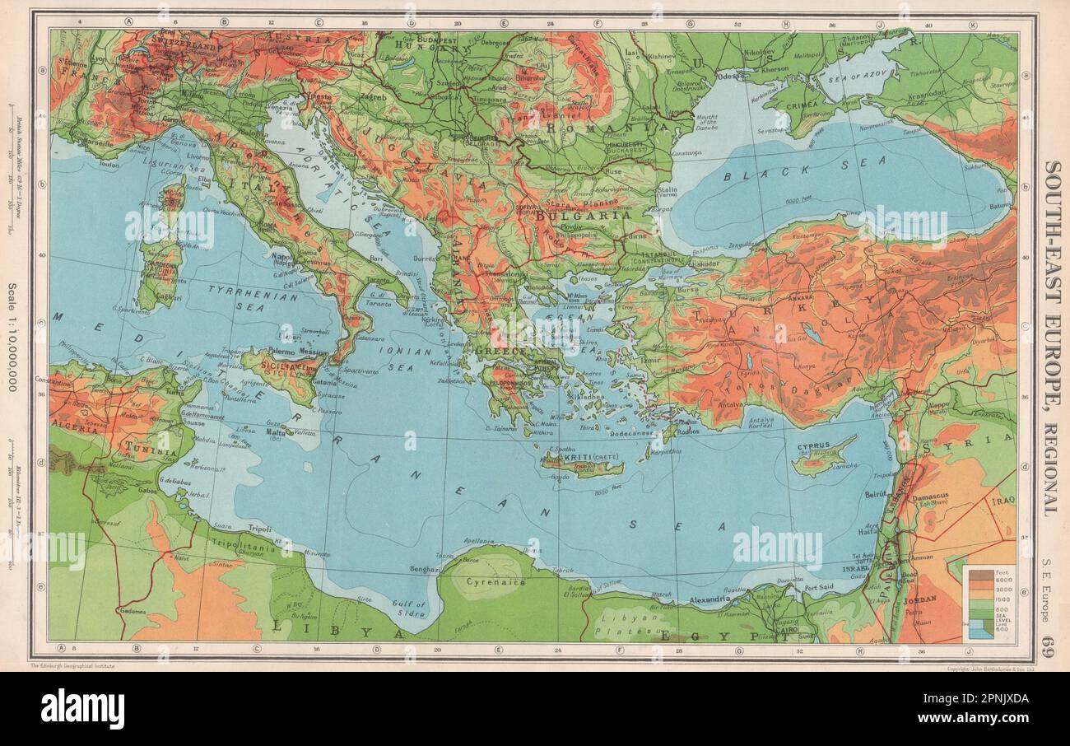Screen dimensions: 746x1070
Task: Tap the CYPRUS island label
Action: coord(813,446)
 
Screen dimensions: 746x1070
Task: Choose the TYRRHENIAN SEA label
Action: coord(239,297)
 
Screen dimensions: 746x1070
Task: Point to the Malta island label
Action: coord(277,431)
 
